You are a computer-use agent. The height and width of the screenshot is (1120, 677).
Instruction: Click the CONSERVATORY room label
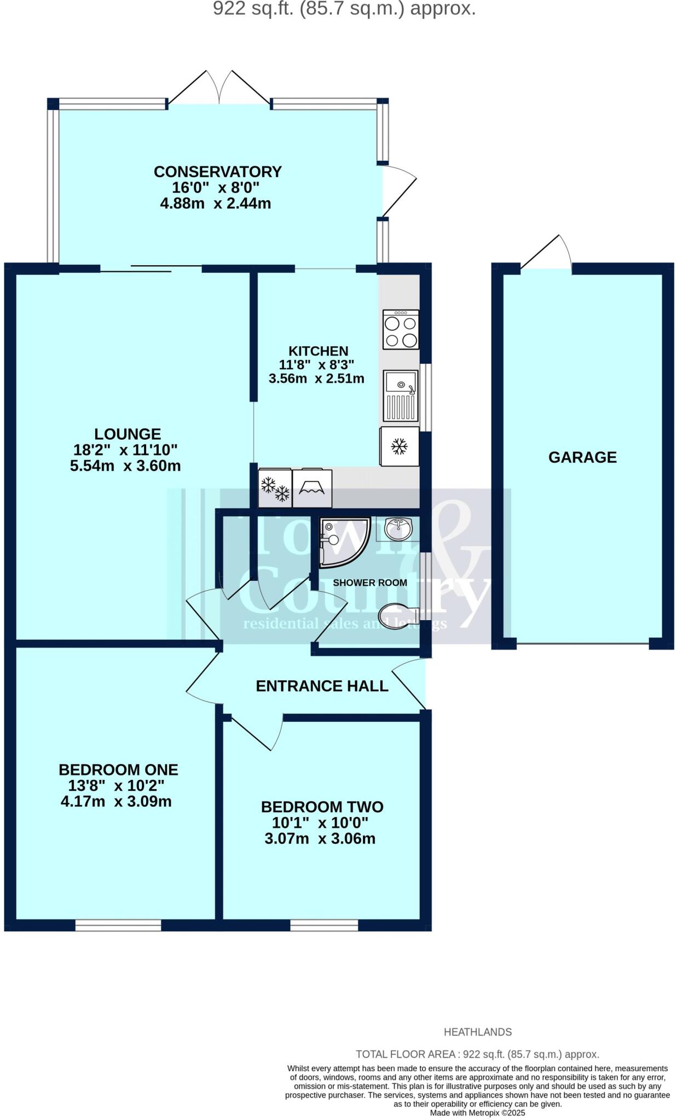click(x=217, y=172)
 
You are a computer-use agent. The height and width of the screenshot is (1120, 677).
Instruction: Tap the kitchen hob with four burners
click(x=401, y=329)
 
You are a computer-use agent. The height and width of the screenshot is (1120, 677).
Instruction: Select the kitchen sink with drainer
click(x=401, y=395)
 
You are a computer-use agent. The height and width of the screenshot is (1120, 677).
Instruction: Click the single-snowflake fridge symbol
click(x=400, y=446)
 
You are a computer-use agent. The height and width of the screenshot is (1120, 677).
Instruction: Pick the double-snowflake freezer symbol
click(x=275, y=488)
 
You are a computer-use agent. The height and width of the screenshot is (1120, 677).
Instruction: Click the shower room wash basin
click(x=398, y=528)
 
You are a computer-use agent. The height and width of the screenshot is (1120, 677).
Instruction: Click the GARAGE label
click(x=582, y=457)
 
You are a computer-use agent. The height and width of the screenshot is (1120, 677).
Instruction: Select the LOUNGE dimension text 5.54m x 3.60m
click(x=125, y=466)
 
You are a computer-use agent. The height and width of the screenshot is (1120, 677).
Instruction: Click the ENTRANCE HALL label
click(x=322, y=686)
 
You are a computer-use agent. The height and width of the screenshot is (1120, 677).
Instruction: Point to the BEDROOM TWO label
click(x=322, y=807)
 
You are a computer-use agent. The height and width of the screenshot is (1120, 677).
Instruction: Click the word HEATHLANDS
click(x=477, y=1032)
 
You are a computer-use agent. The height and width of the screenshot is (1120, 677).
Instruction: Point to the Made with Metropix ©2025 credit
click(x=477, y=1112)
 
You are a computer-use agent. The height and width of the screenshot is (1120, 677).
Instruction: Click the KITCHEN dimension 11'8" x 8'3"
click(x=316, y=365)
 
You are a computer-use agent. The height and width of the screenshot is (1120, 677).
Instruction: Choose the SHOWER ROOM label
click(x=370, y=583)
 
